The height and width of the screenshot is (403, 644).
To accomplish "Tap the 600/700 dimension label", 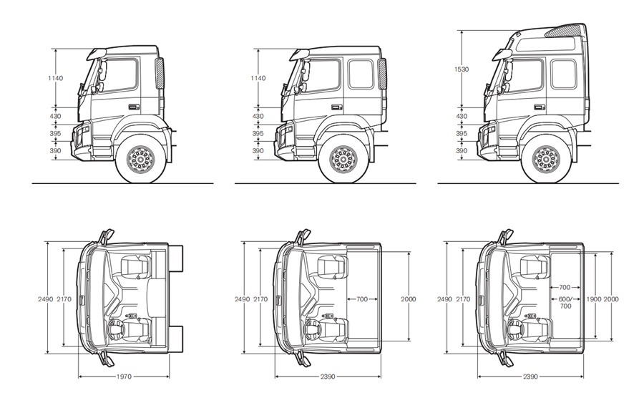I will click(565, 302).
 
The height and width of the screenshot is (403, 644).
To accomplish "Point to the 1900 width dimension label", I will click(593, 298).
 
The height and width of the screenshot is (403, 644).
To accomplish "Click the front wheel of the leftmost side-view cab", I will click(140, 159).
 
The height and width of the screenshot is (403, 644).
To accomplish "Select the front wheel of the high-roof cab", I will click(546, 159).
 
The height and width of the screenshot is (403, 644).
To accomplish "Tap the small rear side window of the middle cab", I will click(361, 74).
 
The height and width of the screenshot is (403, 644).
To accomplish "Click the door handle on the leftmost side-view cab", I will click(132, 107).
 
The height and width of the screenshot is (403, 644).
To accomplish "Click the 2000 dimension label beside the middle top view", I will click(409, 298).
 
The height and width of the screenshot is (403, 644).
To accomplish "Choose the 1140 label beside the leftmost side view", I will click(56, 77).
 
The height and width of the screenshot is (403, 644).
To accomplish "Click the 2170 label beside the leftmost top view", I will click(64, 298).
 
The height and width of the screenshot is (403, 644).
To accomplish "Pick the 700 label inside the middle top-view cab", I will click(362, 298).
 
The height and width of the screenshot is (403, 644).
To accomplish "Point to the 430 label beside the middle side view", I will click(258, 116).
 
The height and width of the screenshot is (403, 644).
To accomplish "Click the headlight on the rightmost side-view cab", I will click(491, 133).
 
